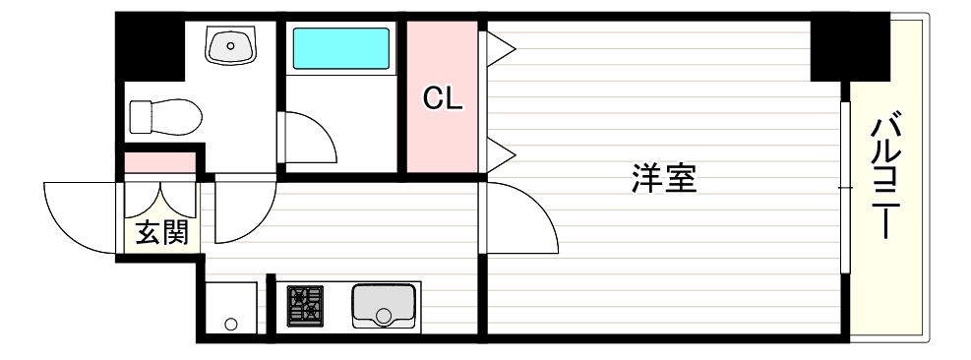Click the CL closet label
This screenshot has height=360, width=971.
(x=442, y=98)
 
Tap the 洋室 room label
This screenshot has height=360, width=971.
(x=663, y=180)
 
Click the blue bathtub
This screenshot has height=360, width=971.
(x=340, y=47)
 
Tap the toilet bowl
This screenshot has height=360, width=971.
(x=164, y=116)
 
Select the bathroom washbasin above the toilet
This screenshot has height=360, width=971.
(x=230, y=44)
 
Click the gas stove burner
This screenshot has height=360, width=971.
(x=305, y=305)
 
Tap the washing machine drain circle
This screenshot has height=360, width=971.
(x=231, y=324)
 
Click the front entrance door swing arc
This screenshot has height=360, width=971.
(x=74, y=211)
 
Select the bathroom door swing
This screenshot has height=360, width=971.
(x=310, y=138)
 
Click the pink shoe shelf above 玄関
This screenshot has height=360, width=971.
(x=159, y=161)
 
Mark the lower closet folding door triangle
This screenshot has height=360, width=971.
(x=499, y=153)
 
